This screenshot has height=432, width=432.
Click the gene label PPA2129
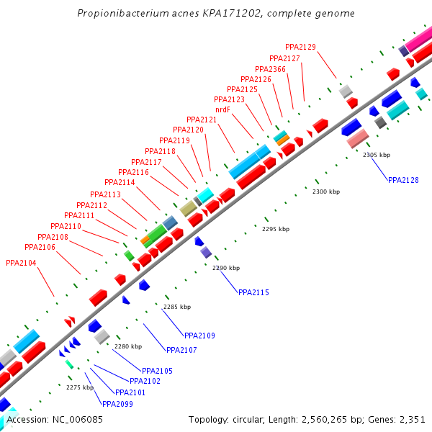coord(300,47)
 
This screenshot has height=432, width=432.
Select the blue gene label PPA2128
coord(403,180)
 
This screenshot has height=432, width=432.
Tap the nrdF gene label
coord(222,109)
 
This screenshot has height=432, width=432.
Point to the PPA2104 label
coord(21,263)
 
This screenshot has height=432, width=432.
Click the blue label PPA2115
coord(253,292)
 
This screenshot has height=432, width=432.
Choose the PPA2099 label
coord(117,404)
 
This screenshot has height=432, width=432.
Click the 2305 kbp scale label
coord(376,155)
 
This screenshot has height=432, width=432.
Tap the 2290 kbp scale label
coord(225,268)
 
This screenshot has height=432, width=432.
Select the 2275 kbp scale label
coord(80,387)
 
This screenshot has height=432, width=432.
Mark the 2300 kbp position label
coord(325,192)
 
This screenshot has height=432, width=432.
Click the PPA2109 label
coord(199,336)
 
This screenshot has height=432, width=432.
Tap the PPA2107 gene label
coord(181,350)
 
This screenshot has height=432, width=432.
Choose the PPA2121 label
coord(202,120)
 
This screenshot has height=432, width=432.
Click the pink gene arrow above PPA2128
coord(358,140)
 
